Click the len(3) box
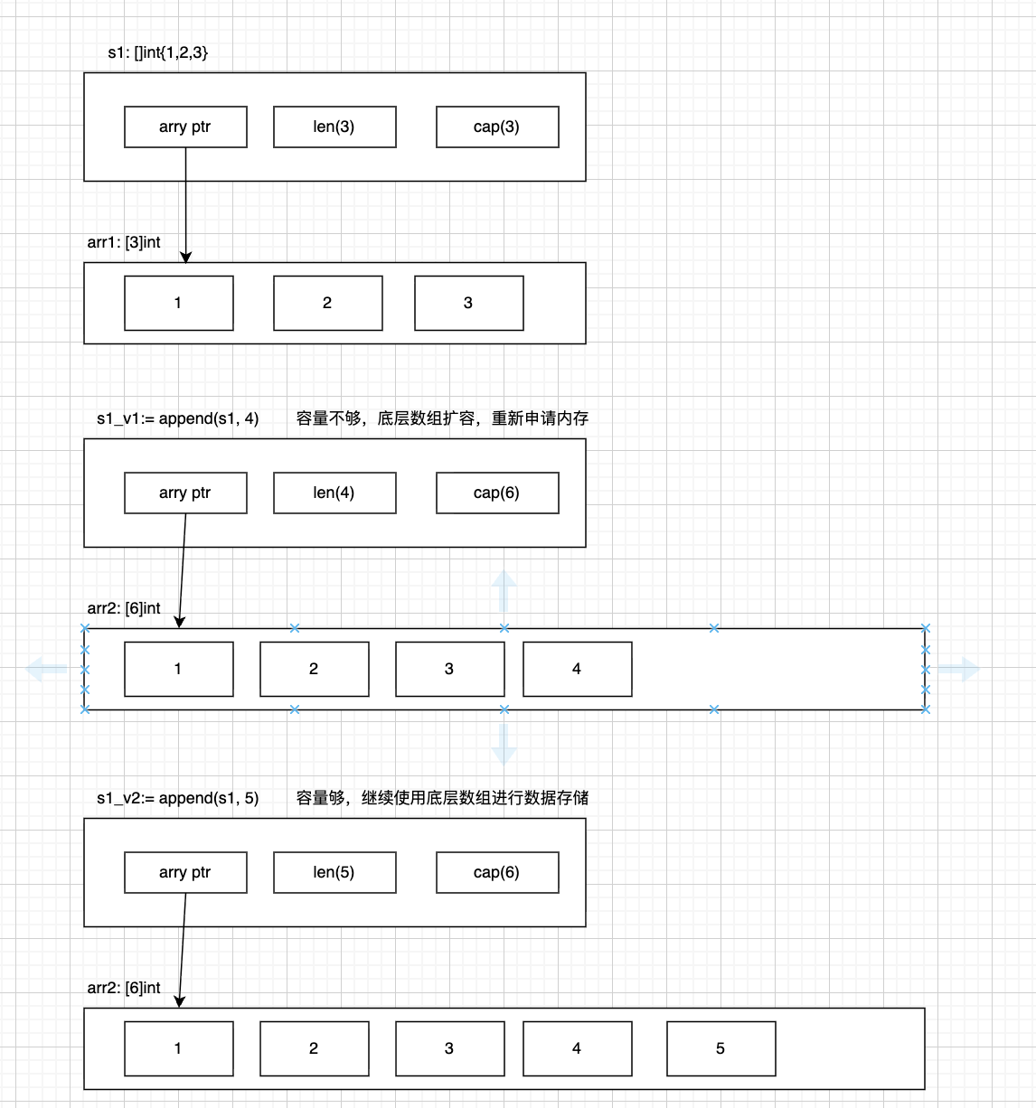pos(334,127)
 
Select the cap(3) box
pos(497,127)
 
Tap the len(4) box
pos(334,493)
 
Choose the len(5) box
pos(334,872)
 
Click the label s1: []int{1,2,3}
pos(158,52)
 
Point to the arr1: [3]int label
pos(124,242)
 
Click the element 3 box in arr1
pos(468,303)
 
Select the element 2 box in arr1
pos(327,303)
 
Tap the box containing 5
pos(720,1048)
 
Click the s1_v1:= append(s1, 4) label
pos(178,418)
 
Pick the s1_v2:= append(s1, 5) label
pos(178,798)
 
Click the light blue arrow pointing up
pos(504,591)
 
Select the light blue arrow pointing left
pos(47,670)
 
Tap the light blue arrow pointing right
pos(958,670)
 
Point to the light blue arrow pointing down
pos(504,744)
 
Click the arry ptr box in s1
pos(185,127)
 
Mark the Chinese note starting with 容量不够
pos(442,418)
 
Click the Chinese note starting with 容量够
pos(442,798)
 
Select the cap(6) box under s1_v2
pos(497,872)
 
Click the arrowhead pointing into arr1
pos(185,258)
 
